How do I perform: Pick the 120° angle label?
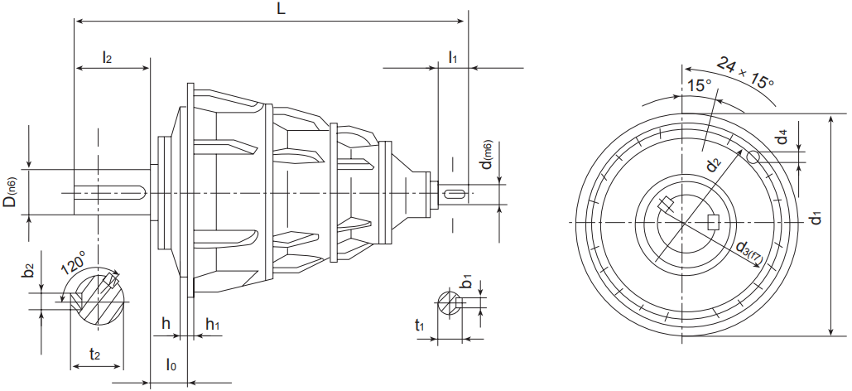click(x=73, y=264)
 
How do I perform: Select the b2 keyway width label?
click(x=29, y=272)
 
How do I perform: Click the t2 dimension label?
click(x=94, y=355)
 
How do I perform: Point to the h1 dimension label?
click(x=212, y=324)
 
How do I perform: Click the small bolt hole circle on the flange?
click(x=753, y=157)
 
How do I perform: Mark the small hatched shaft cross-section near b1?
click(x=447, y=302)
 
